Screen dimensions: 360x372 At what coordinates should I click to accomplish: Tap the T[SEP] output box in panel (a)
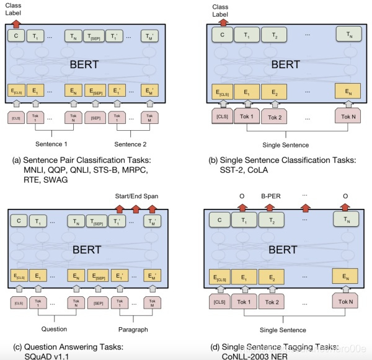pyautogui.click(x=96, y=36)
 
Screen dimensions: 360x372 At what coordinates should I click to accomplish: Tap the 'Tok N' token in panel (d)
pyautogui.click(x=346, y=302)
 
